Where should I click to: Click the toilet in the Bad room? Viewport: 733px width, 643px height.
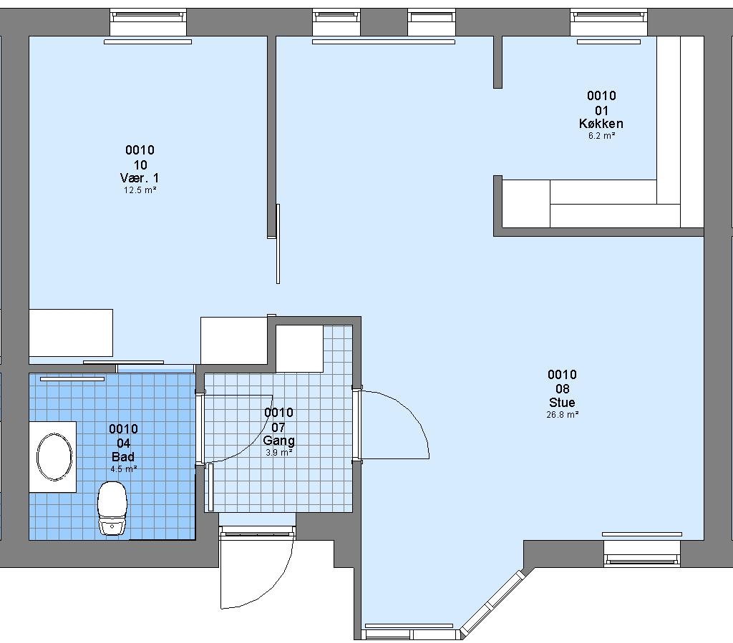tap(112, 508)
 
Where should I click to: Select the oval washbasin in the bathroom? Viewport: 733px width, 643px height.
tap(54, 457)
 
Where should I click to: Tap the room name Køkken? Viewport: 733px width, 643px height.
tap(601, 123)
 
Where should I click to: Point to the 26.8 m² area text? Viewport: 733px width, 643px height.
tap(563, 414)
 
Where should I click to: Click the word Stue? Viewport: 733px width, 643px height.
tap(562, 402)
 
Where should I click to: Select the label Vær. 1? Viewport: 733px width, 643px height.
tap(140, 178)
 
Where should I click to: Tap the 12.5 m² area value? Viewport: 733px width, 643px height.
tap(140, 190)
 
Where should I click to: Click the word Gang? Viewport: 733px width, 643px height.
tap(278, 441)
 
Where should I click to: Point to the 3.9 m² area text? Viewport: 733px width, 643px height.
tap(279, 453)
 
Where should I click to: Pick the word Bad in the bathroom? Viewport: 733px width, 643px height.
tap(123, 457)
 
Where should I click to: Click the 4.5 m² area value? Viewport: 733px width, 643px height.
tap(123, 468)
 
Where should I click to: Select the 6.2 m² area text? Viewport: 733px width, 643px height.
tap(601, 136)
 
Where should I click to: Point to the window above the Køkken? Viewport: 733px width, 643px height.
tap(609, 21)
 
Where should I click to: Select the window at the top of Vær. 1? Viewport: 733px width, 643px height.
tap(148, 21)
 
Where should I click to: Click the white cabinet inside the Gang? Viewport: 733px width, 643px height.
tap(299, 348)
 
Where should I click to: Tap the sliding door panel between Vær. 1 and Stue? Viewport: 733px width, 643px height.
tap(278, 244)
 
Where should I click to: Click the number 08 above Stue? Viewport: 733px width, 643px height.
tap(562, 388)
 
